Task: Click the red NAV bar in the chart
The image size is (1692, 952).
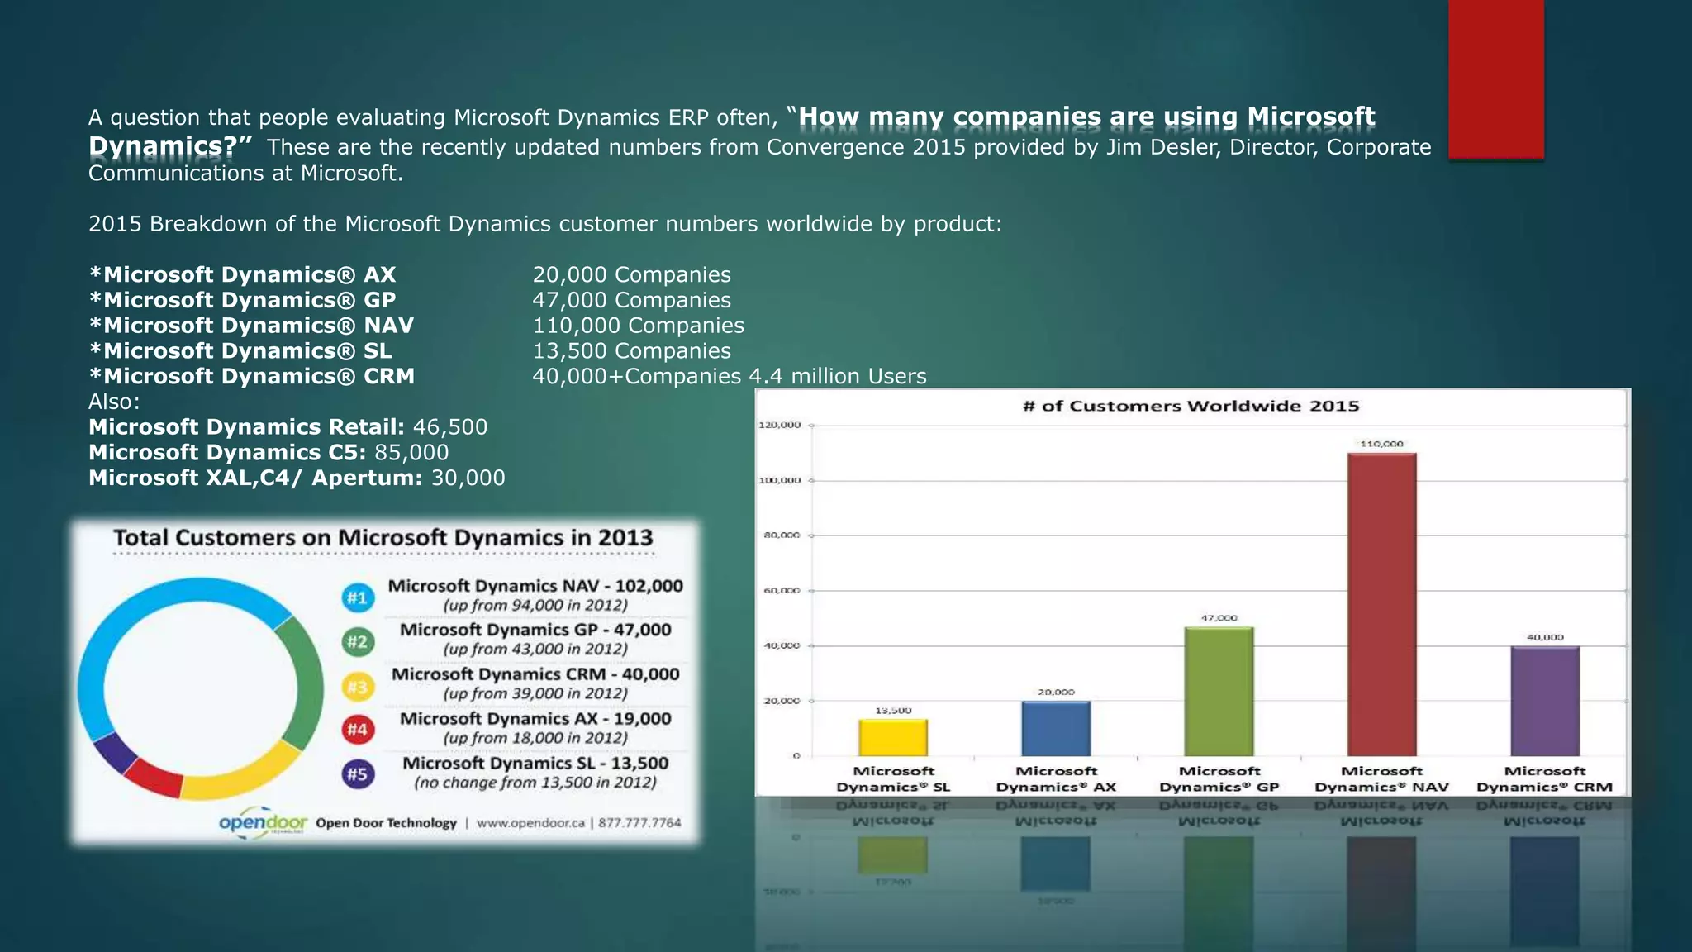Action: (1381, 603)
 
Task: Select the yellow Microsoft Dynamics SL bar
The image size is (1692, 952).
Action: (892, 737)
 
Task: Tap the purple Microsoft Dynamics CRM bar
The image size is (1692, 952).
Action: (1544, 701)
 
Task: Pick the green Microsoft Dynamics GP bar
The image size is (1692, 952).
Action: (1219, 691)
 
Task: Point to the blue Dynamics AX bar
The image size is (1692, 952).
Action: (1055, 728)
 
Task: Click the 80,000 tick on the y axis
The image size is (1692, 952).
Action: (780, 535)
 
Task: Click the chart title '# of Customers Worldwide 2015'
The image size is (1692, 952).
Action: (1191, 406)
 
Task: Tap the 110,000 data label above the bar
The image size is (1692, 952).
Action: (1381, 444)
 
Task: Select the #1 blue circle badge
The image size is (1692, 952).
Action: (358, 597)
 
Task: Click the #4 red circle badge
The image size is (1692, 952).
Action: (358, 730)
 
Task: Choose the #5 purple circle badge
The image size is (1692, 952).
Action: (358, 774)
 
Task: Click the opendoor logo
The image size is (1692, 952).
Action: (263, 823)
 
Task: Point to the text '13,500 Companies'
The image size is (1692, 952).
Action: (631, 351)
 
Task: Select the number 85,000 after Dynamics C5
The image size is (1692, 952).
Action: (411, 453)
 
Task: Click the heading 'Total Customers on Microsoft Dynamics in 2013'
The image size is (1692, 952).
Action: (383, 538)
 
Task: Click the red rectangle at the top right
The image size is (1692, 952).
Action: (1495, 79)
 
